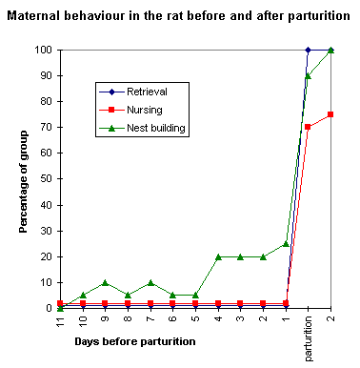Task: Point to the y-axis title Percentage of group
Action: coord(23,178)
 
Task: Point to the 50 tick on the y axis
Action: coord(44,179)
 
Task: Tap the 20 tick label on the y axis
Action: coord(44,256)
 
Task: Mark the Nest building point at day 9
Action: coord(105,282)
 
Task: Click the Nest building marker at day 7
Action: coord(150,282)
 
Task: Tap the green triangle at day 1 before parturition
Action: coord(286,243)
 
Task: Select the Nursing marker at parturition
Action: coord(308,127)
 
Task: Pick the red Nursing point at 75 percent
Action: coord(330,114)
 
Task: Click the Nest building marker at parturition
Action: coord(308,75)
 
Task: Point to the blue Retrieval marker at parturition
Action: coord(308,50)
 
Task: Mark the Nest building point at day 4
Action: coord(218,256)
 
